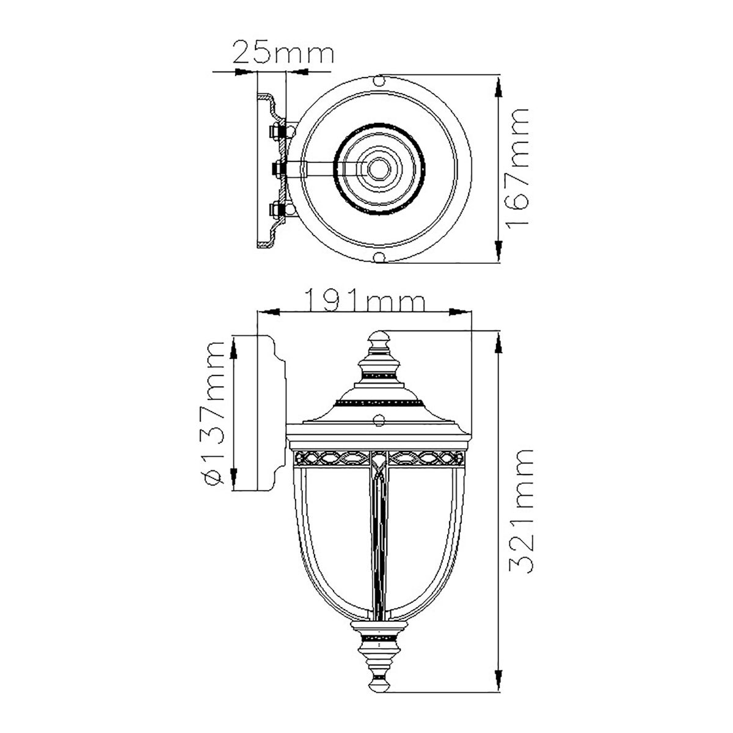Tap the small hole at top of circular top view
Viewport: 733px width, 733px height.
pyautogui.click(x=379, y=81)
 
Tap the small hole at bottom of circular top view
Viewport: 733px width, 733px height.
pyautogui.click(x=379, y=257)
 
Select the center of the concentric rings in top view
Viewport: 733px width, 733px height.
pyautogui.click(x=379, y=169)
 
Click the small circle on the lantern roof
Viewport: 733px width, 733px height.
pyautogui.click(x=379, y=420)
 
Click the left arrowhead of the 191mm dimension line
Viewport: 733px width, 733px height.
pyautogui.click(x=269, y=312)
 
